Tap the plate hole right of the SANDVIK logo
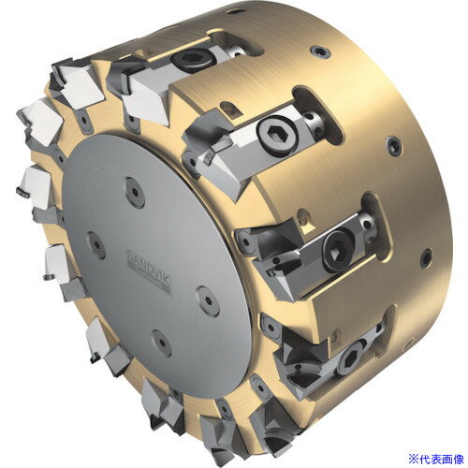pyautogui.click(x=208, y=300)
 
